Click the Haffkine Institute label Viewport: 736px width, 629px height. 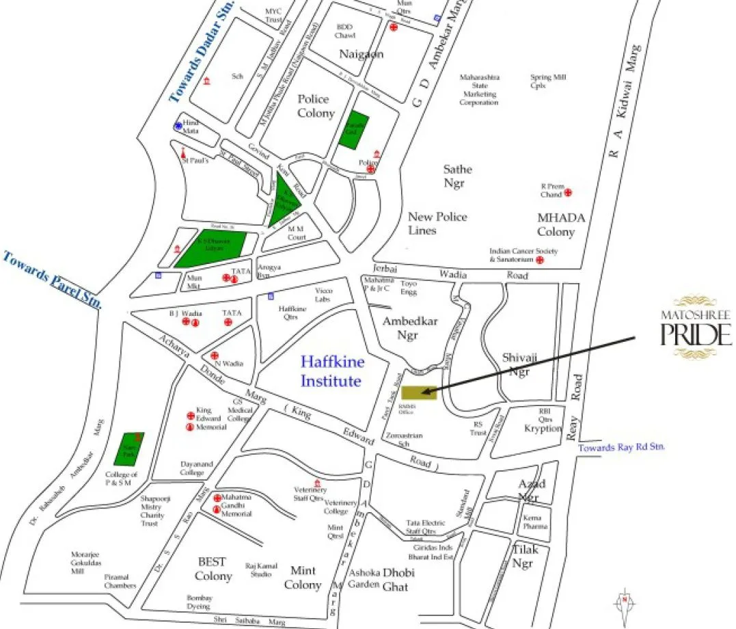332,370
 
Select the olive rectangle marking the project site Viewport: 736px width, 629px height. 418,392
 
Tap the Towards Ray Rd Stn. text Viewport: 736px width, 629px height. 622,448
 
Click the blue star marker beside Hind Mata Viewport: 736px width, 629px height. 178,126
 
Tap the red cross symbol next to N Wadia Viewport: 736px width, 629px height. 215,356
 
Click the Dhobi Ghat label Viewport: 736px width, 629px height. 398,578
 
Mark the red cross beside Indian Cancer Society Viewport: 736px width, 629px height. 539,260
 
